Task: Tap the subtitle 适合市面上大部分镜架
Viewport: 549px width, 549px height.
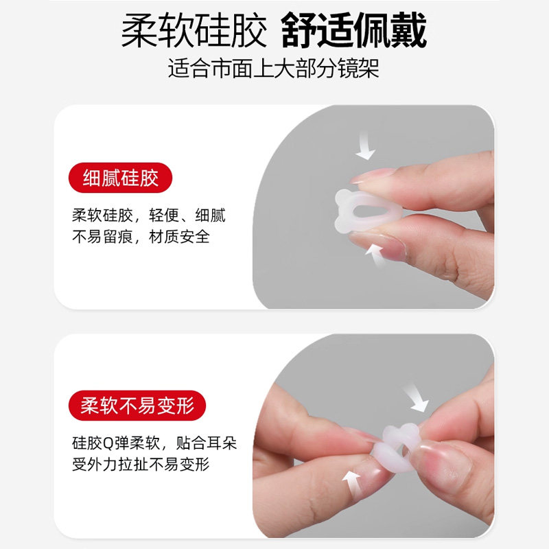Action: [274, 69]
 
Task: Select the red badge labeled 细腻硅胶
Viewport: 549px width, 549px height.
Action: [120, 178]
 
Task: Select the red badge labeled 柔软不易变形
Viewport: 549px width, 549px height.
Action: [137, 405]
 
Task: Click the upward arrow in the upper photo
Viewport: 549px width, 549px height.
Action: [375, 255]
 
